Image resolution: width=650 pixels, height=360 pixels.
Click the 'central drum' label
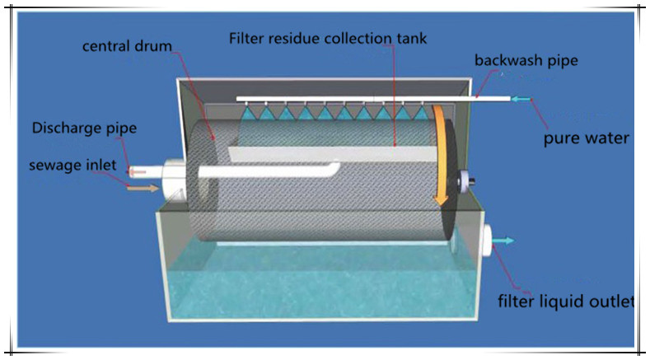pos(127,46)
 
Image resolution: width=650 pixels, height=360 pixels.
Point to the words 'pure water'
pos(586,138)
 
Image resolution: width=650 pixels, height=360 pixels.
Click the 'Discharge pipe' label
pos(84,128)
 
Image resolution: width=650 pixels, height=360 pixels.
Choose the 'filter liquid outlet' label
pos(565,301)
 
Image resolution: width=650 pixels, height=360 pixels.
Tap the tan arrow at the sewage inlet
pos(142,189)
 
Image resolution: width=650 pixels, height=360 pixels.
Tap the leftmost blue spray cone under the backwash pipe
pos(247,115)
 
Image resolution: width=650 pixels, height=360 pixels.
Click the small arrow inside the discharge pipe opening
pos(138,171)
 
